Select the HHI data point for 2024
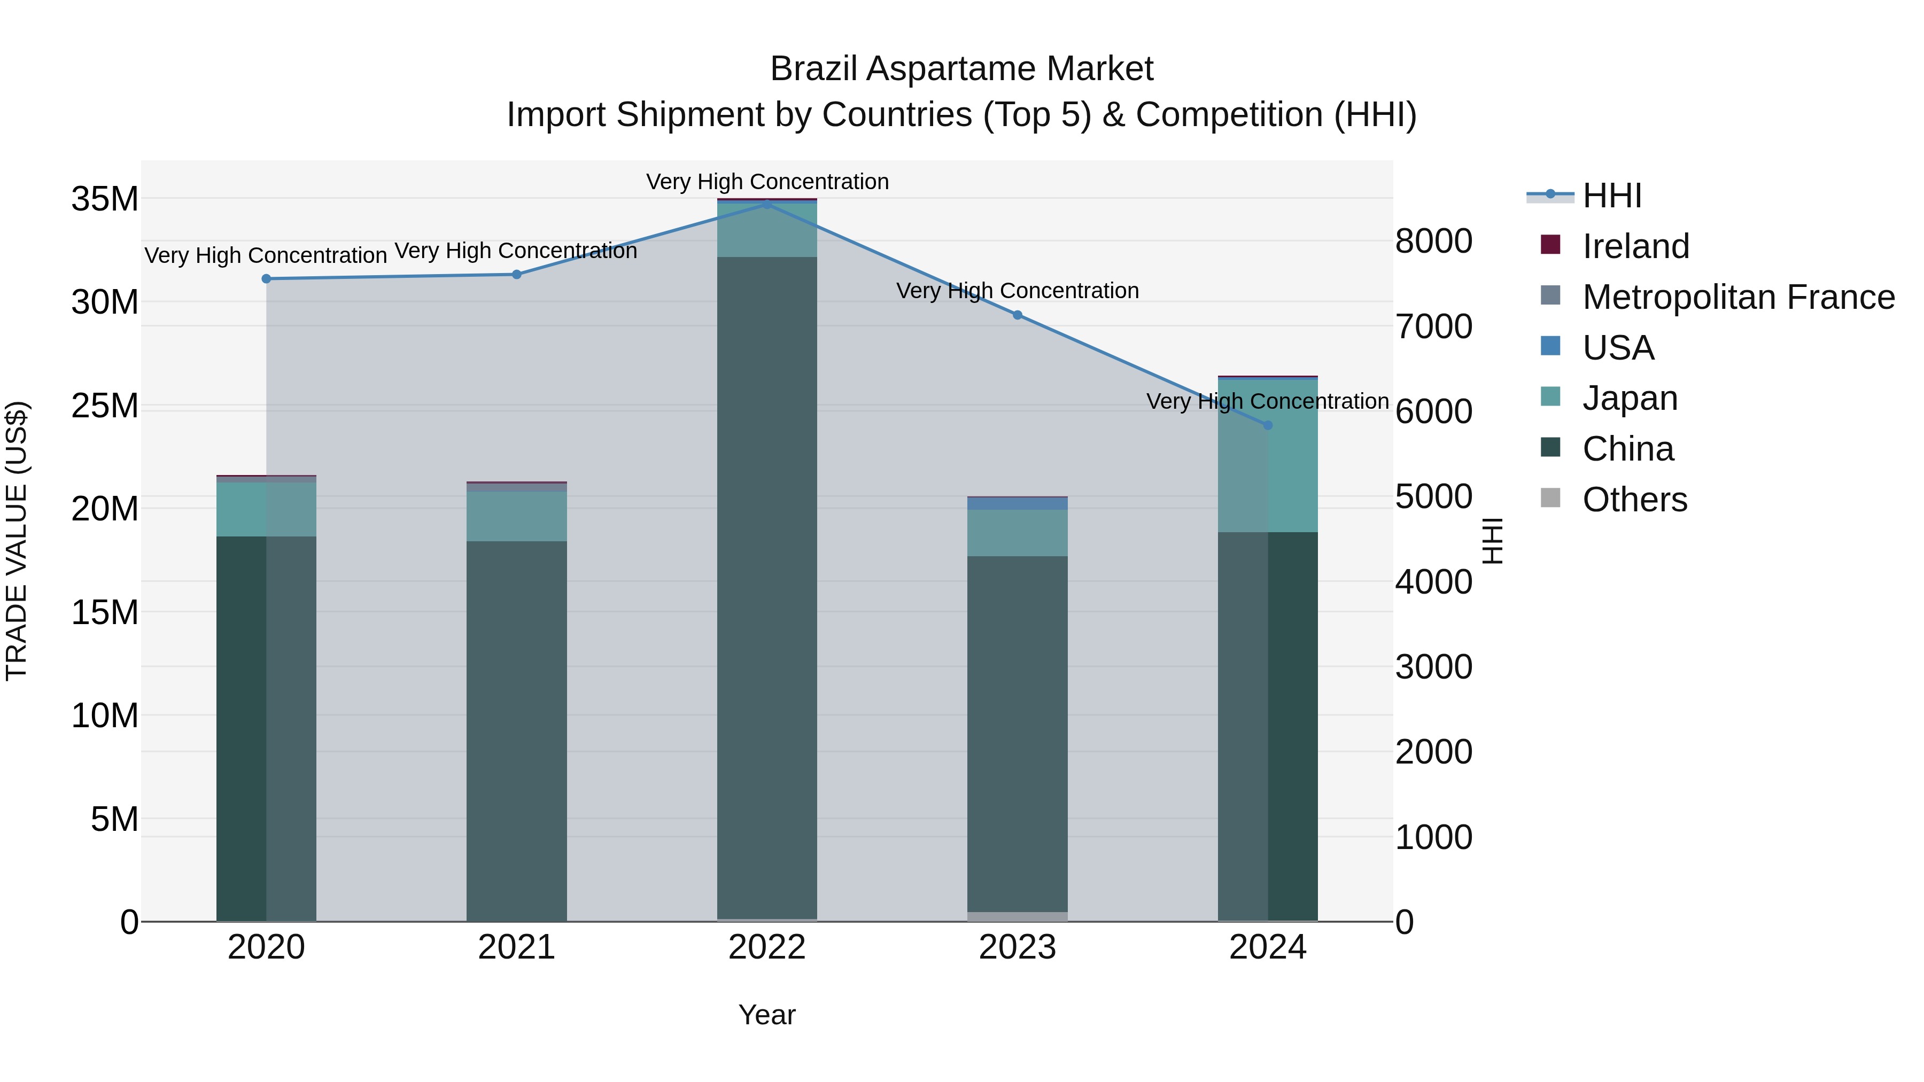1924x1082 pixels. pyautogui.click(x=1268, y=425)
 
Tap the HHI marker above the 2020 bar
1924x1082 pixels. pyautogui.click(x=266, y=278)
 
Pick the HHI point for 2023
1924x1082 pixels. pyautogui.click(x=1017, y=315)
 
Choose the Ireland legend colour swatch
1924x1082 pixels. pyautogui.click(x=1550, y=245)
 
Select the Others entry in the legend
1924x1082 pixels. pyautogui.click(x=1634, y=500)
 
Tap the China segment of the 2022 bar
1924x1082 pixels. pyautogui.click(x=767, y=582)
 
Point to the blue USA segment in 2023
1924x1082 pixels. pyautogui.click(x=1017, y=504)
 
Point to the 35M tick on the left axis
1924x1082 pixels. pyautogui.click(x=105, y=199)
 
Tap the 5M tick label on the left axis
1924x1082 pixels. pyautogui.click(x=114, y=819)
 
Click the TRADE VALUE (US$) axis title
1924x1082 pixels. pyautogui.click(x=17, y=541)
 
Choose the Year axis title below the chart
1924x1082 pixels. pyautogui.click(x=767, y=1015)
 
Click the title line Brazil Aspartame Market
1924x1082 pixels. pyautogui.click(x=961, y=69)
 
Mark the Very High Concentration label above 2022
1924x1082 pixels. pyautogui.click(x=767, y=182)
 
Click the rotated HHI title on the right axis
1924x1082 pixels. pyautogui.click(x=1492, y=541)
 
